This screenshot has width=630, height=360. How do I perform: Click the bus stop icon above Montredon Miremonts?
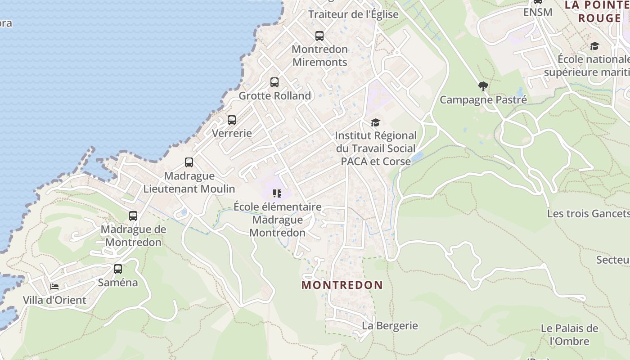[x=319, y=36]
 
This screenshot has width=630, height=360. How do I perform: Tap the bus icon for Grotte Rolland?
[x=274, y=82]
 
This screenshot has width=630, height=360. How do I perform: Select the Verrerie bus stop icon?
[x=232, y=120]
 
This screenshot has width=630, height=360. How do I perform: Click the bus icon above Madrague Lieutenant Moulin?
[x=189, y=162]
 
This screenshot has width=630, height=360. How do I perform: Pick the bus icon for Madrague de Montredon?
[x=133, y=216]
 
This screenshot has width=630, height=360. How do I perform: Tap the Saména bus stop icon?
[x=118, y=269]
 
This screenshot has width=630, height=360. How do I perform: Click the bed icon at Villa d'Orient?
[x=54, y=287]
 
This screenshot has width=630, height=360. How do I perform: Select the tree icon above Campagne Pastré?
[x=483, y=86]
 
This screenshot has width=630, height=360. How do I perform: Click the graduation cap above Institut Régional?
[x=375, y=122]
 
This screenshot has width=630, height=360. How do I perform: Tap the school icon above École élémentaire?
[x=277, y=193]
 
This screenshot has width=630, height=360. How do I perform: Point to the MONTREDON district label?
[x=342, y=285]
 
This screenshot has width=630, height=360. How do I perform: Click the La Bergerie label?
[x=390, y=325]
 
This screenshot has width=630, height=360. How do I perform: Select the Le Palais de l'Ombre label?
[x=570, y=335]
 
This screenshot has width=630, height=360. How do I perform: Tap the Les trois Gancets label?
[x=588, y=213]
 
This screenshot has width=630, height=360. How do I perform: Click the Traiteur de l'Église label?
[x=353, y=14]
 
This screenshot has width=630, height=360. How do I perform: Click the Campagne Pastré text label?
[x=483, y=99]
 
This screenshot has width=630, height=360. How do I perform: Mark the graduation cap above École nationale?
[x=594, y=46]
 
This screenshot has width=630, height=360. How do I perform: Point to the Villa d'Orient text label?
[x=54, y=300]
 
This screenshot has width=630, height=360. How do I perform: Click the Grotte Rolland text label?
[x=274, y=96]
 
